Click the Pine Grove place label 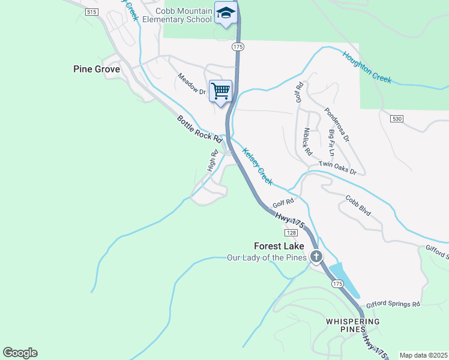[x=97, y=69]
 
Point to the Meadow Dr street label [x=191, y=85]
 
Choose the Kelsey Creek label [x=258, y=166]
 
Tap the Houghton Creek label [x=367, y=67]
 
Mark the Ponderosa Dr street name [x=336, y=125]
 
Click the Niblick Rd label [x=308, y=142]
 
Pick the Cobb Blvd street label [x=358, y=206]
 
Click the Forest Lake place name [x=279, y=246]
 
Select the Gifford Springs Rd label [x=393, y=304]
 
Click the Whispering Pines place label [x=353, y=326]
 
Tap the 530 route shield [x=395, y=119]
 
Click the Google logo [x=20, y=353]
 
